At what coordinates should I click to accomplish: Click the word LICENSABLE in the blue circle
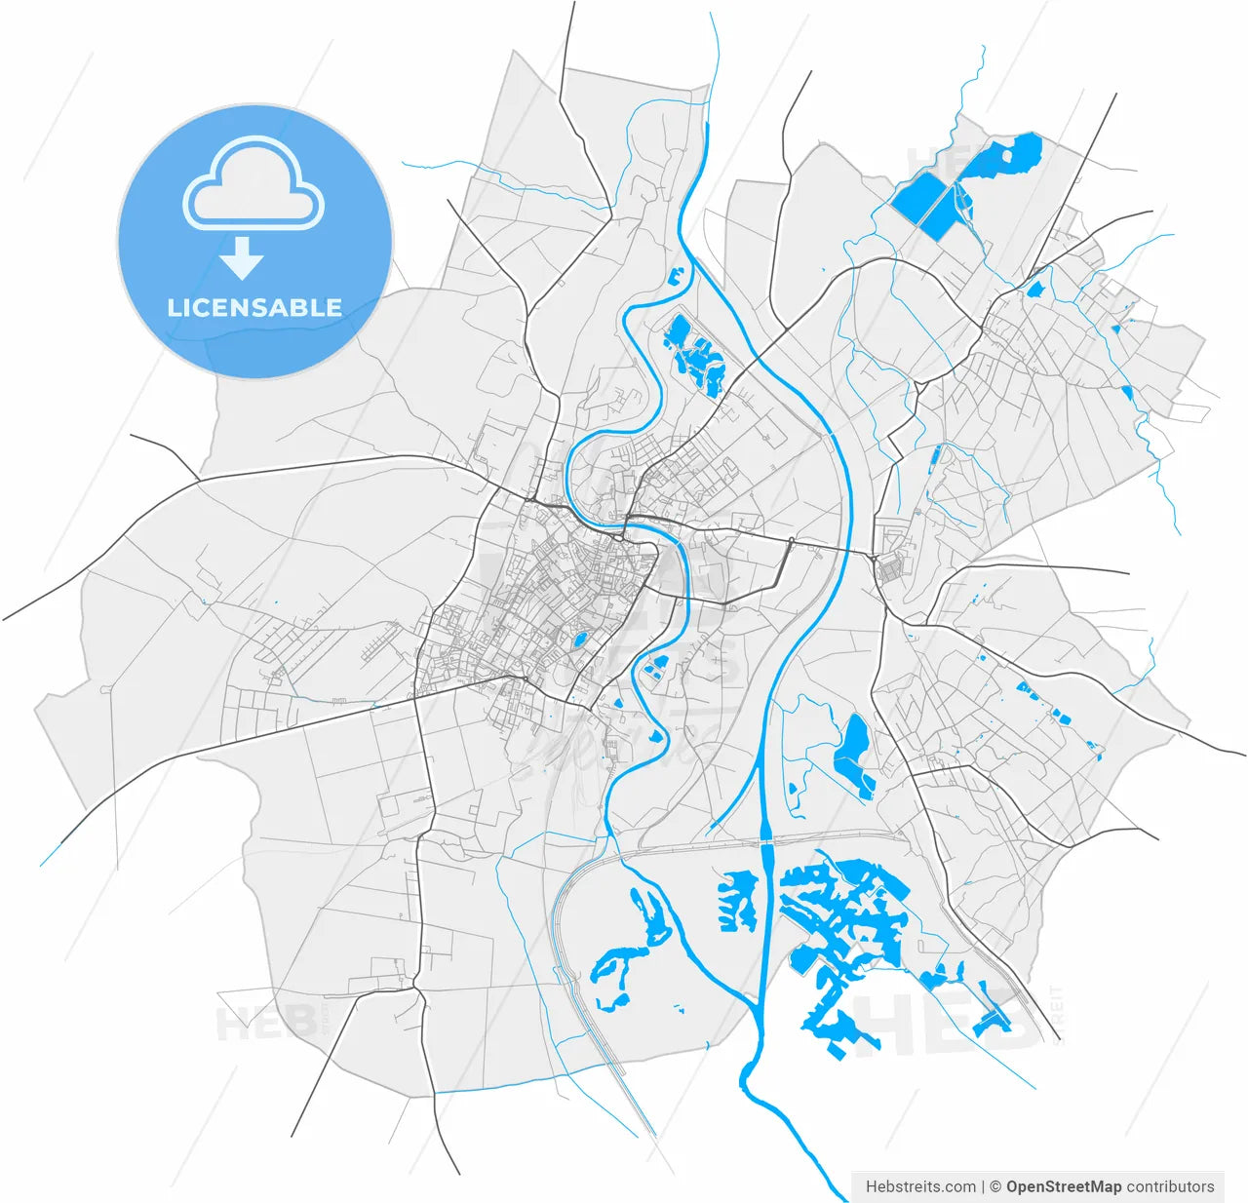254,308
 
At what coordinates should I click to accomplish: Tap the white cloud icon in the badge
253,185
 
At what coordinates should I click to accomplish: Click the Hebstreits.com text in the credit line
920,1186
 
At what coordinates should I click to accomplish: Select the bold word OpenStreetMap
1064,1186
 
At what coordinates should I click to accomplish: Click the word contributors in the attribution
1170,1186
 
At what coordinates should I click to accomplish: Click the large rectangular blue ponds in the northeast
926,205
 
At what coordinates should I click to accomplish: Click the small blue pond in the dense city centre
579,640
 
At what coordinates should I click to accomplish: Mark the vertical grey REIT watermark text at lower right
1057,1014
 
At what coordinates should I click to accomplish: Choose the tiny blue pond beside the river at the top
673,275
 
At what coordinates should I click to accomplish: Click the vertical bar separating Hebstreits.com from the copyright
983,1186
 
